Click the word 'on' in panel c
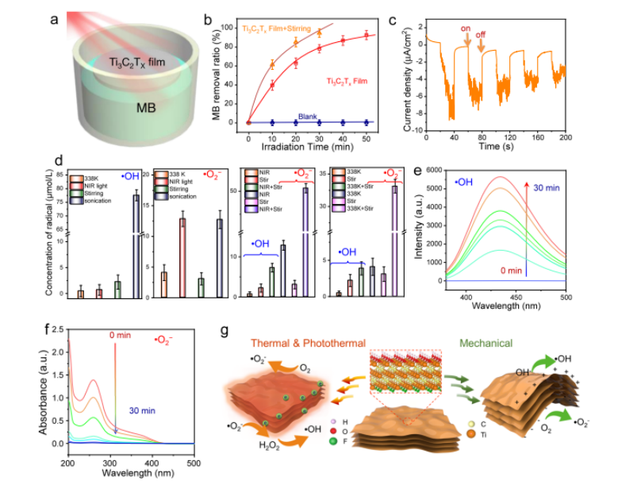(x=465, y=29)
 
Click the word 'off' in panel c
(x=481, y=35)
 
